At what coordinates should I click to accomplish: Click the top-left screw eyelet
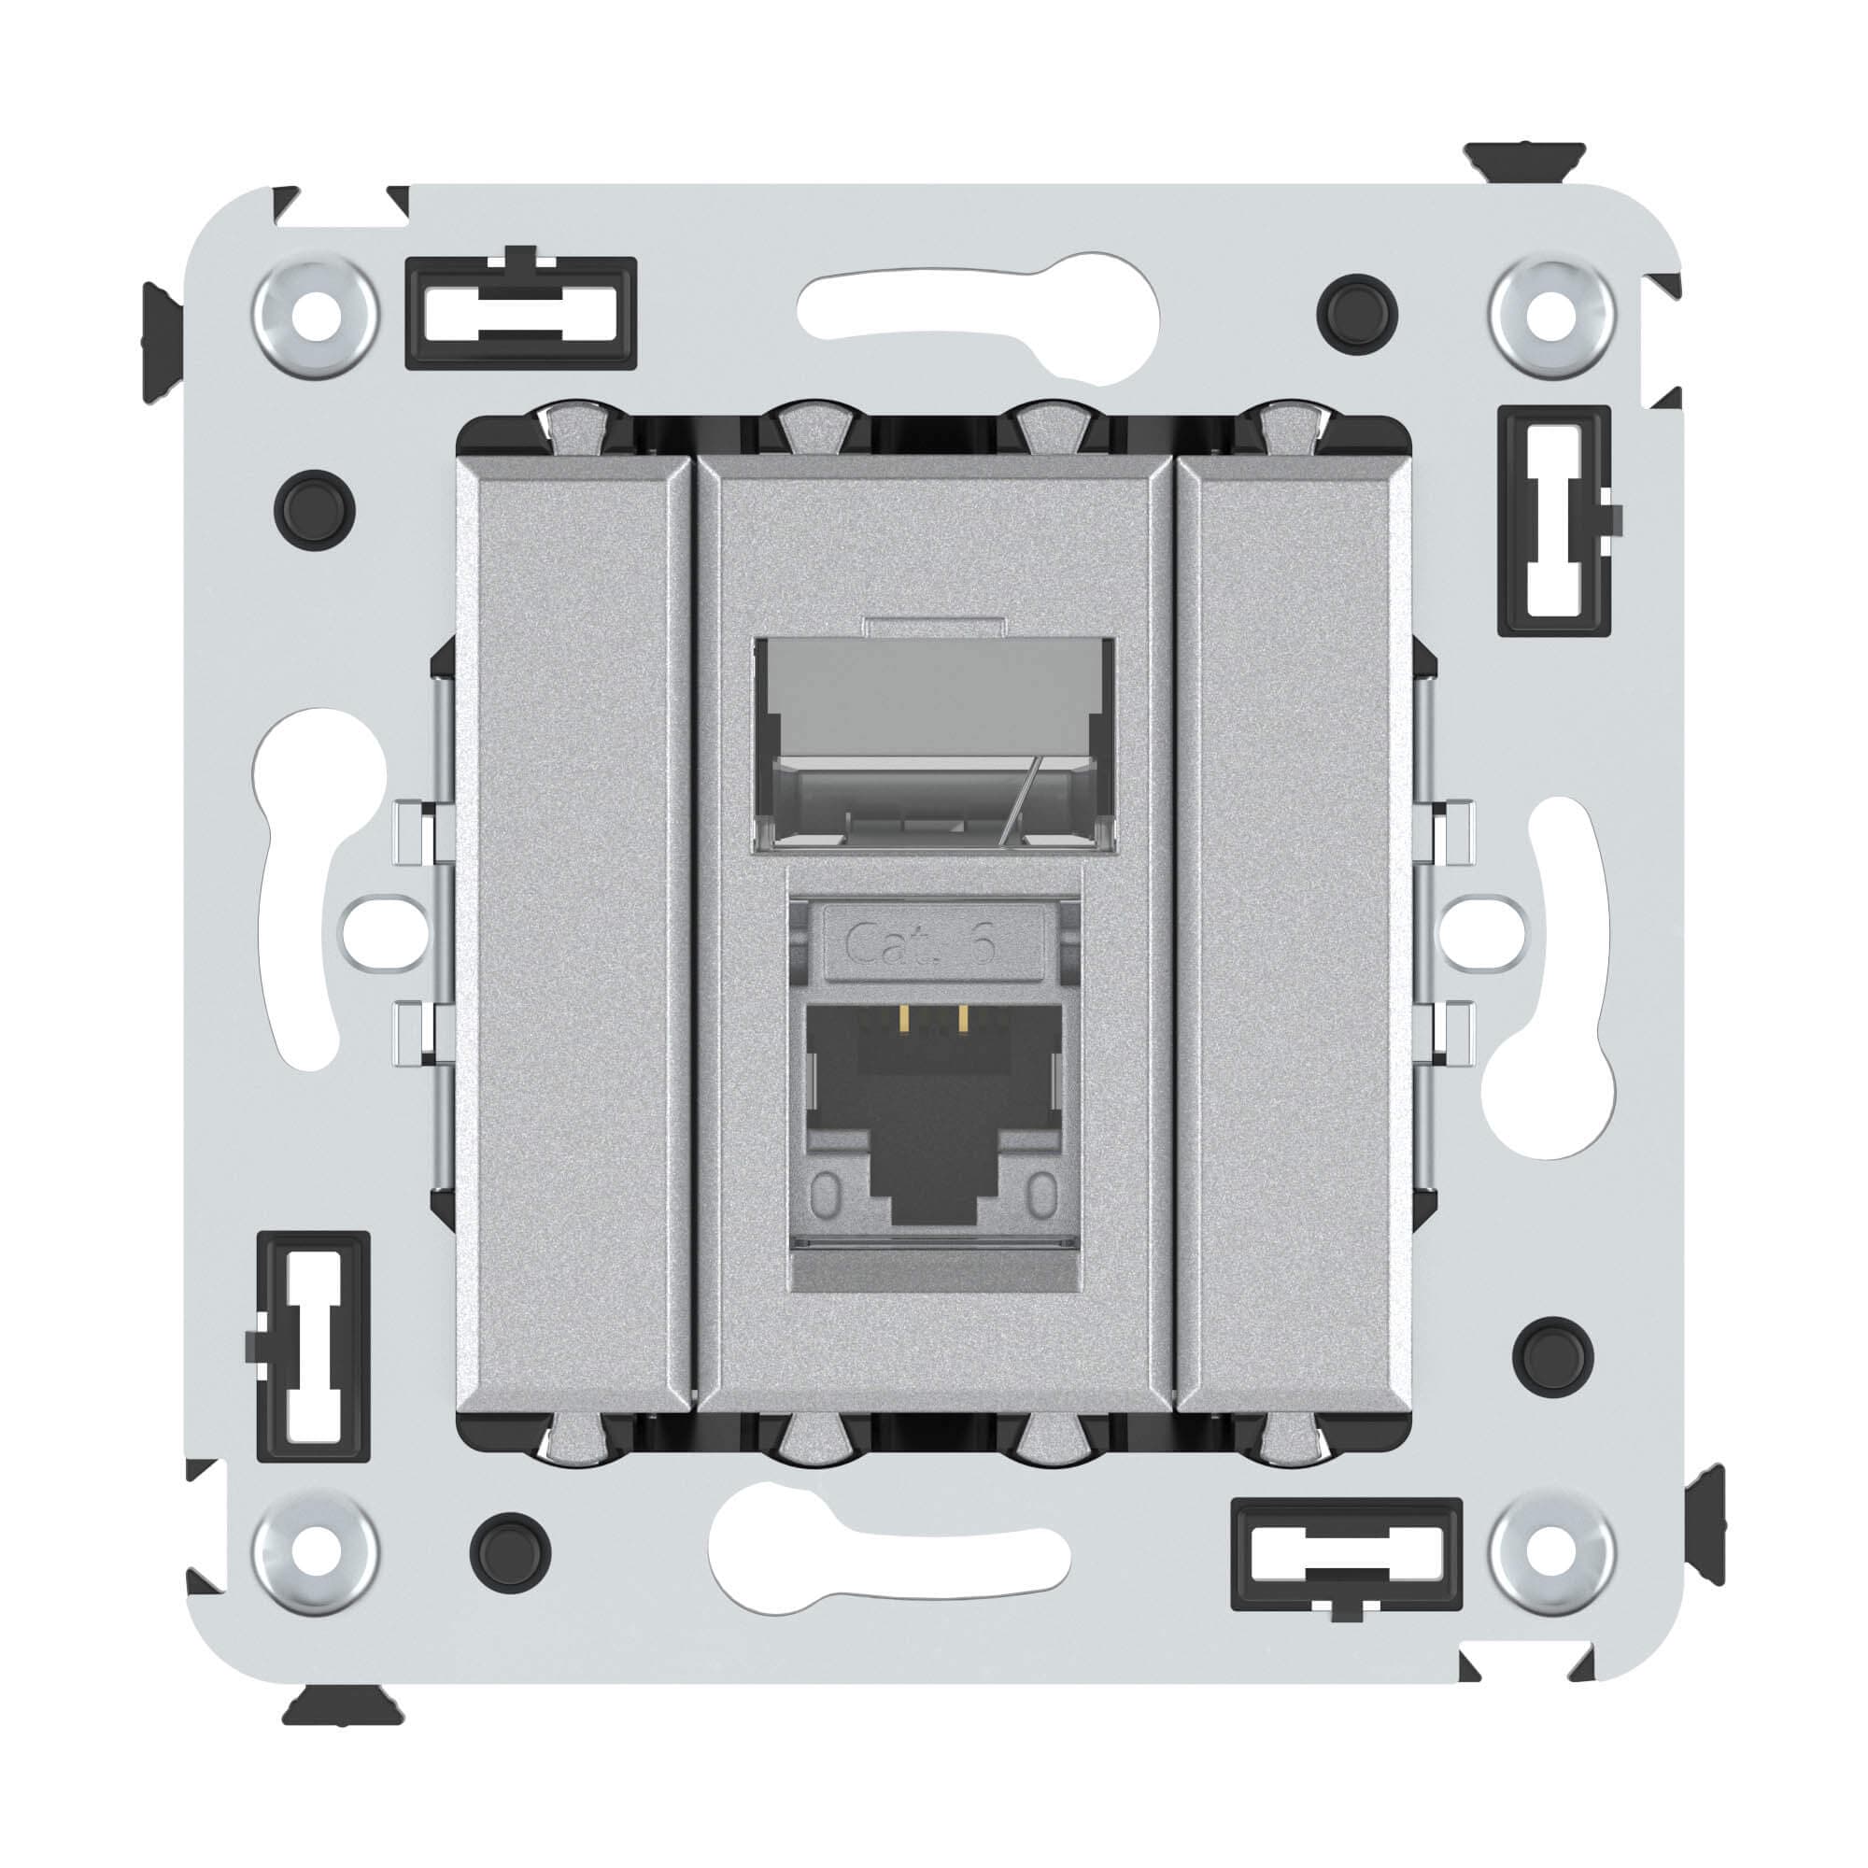click(x=314, y=317)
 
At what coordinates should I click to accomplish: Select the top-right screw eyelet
click(x=1551, y=317)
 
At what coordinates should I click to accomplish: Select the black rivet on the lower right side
click(x=1553, y=1356)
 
